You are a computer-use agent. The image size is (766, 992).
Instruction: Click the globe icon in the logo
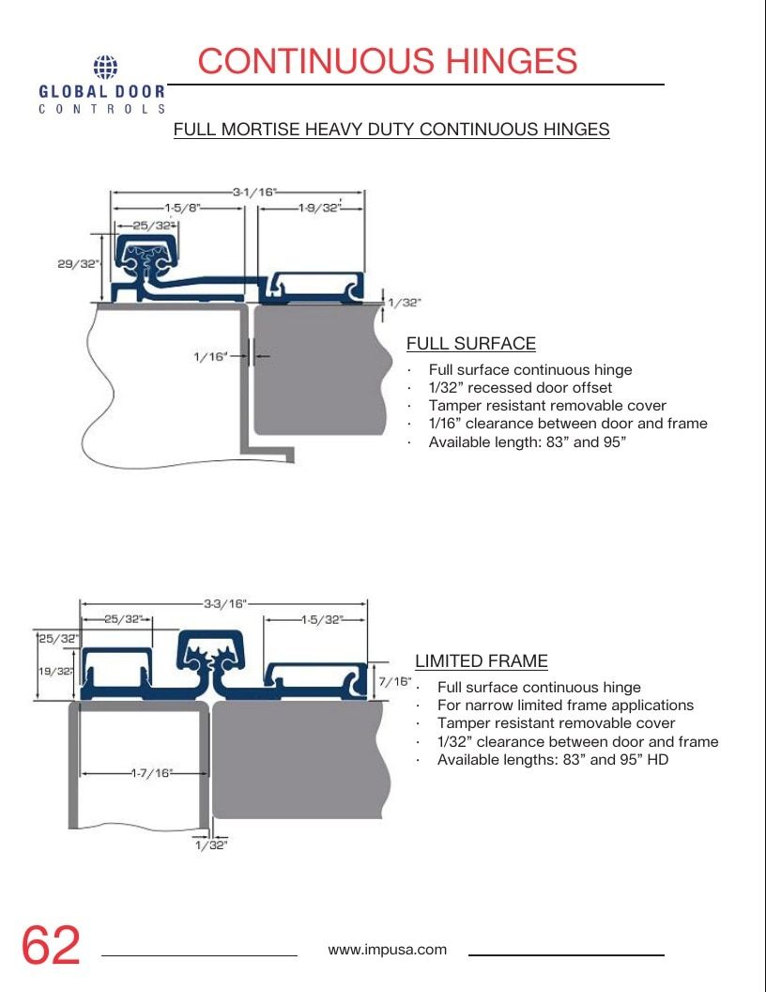coord(105,67)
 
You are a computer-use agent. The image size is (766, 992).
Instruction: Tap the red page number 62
coord(51,945)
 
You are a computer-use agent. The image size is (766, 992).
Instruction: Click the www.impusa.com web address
coord(387,950)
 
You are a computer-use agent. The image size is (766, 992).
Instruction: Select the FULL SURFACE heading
coord(471,344)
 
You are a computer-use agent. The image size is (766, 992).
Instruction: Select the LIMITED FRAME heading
coord(481,661)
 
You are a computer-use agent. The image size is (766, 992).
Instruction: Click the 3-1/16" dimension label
coord(254,192)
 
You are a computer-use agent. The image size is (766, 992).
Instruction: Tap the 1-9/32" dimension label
coord(320,208)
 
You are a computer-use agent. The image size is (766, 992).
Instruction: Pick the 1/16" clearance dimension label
coord(210,357)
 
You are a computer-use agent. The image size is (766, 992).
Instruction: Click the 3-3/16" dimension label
coord(225,603)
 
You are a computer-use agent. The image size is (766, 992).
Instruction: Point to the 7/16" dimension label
coord(395,681)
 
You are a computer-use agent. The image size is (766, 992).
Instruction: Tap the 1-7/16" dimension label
coord(152,772)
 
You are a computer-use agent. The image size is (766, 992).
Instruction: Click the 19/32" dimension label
coord(55,672)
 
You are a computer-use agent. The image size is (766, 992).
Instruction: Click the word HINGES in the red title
coord(512,61)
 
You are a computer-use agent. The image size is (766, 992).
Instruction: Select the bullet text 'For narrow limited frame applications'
coord(565,705)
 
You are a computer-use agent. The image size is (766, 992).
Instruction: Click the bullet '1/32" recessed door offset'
coord(520,387)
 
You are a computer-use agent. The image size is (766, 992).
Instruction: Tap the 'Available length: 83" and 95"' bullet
coord(528,442)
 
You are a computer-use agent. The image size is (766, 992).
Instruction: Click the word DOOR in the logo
coord(140,92)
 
